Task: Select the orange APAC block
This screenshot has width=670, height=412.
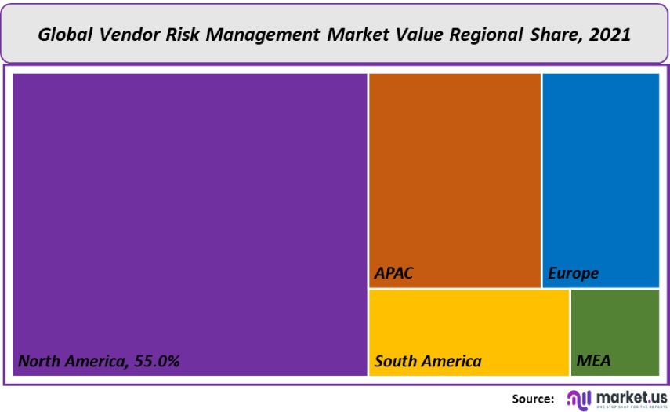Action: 455,173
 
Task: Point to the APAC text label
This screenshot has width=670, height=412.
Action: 393,274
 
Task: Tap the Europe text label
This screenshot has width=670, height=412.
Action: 573,274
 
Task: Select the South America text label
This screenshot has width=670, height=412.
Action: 428,362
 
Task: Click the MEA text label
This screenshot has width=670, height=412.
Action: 593,362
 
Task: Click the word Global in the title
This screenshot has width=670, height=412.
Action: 67,35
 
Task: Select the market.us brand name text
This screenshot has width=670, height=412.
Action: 632,396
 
